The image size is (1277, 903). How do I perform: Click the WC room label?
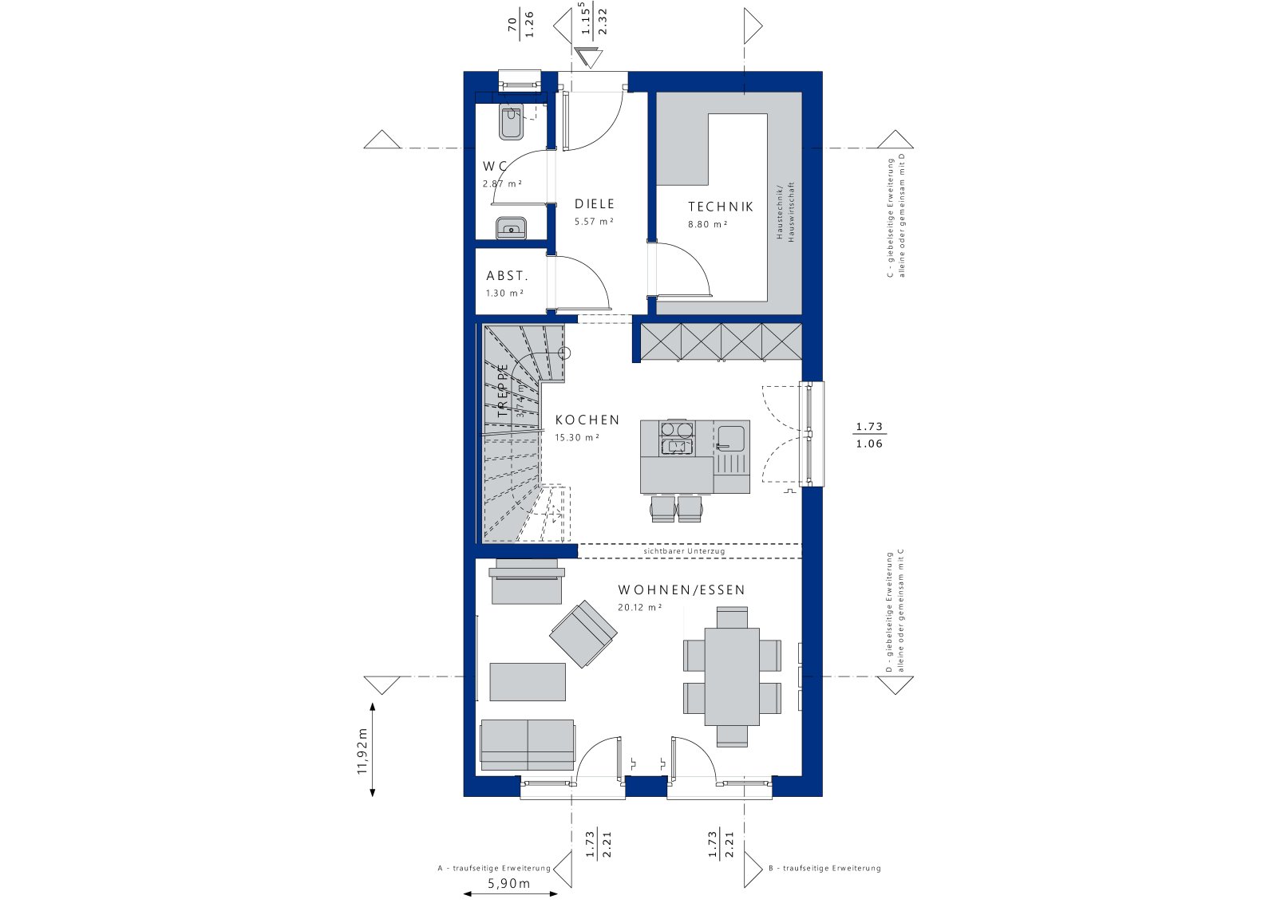click(495, 167)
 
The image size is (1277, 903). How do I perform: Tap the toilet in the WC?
click(510, 122)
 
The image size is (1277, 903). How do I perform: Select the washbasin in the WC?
click(510, 227)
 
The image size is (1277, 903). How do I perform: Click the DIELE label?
click(595, 204)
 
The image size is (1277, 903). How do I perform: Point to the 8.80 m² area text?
click(707, 225)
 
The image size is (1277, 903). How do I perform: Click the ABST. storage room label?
click(507, 276)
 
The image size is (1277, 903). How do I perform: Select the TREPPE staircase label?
click(503, 391)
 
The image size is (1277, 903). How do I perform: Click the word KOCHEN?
click(587, 420)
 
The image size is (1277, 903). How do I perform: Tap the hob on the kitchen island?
click(676, 440)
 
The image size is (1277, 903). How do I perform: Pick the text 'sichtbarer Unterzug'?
click(684, 551)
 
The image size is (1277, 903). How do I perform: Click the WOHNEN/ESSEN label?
click(681, 590)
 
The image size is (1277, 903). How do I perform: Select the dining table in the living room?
click(732, 676)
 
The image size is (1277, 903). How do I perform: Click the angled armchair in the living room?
click(583, 633)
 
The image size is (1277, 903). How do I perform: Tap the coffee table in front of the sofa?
click(528, 681)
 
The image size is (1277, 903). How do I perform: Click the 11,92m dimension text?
click(362, 750)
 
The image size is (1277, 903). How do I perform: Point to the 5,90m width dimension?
click(508, 884)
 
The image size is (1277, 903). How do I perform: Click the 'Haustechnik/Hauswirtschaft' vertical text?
click(785, 211)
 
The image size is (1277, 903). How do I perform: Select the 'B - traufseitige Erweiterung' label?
click(824, 868)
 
